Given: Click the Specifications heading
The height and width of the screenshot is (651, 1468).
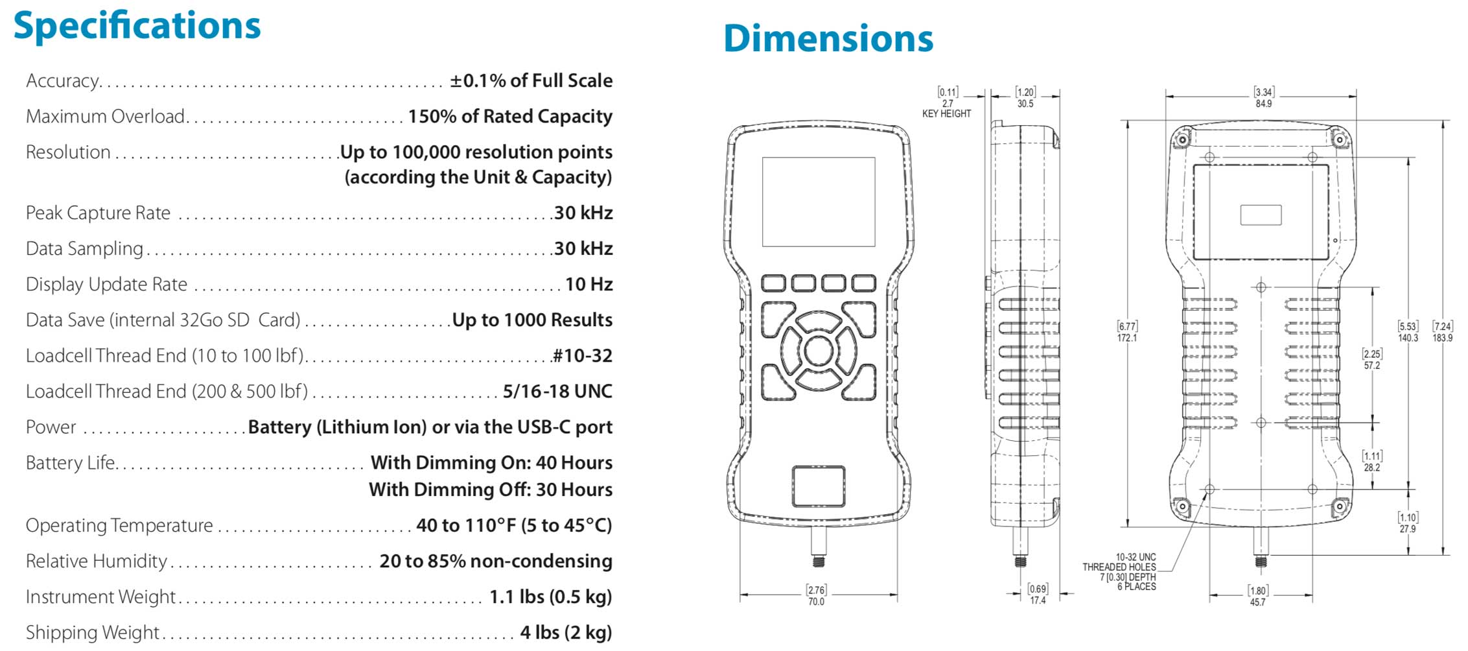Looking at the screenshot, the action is [137, 27].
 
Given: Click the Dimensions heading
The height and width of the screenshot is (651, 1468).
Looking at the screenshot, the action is [828, 38].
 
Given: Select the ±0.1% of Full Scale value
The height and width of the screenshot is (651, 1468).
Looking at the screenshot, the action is [531, 80].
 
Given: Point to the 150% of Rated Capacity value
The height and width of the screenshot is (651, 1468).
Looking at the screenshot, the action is [510, 116].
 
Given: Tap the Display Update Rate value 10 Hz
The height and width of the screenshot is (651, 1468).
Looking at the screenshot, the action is [588, 284].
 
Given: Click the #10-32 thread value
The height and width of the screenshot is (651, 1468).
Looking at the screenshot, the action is [582, 355].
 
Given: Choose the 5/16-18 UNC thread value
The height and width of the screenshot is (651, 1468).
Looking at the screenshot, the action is [557, 391].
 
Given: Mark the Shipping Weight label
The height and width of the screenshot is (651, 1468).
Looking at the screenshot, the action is [92, 632].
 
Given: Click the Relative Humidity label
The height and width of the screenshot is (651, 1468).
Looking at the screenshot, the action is [96, 561].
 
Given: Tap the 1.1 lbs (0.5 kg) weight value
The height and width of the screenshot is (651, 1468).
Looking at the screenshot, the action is [550, 597].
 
